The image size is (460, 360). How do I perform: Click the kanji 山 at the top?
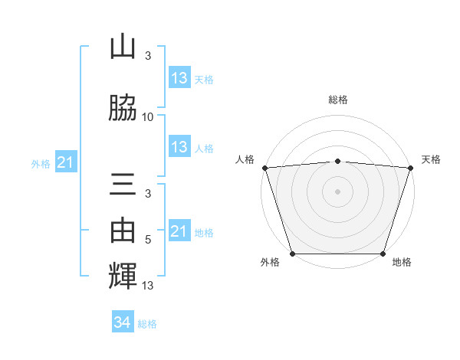[x=123, y=47]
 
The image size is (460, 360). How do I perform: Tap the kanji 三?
[x=123, y=187]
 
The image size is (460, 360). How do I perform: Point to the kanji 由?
[x=123, y=227]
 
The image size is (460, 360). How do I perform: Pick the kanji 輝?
[x=123, y=273]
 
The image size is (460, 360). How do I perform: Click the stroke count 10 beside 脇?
[x=148, y=116]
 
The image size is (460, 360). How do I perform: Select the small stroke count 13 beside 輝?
[x=148, y=286]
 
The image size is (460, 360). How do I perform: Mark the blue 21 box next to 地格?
[x=179, y=231]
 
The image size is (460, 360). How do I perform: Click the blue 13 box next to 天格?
[x=179, y=77]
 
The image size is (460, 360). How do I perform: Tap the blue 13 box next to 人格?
[x=179, y=147]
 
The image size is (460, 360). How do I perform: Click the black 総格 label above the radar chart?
[x=337, y=100]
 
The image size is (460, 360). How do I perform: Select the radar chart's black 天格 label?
[x=431, y=159]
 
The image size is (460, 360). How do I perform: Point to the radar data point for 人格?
[x=264, y=168]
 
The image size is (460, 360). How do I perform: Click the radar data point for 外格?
[x=292, y=254]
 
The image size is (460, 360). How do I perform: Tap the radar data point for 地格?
[x=383, y=254]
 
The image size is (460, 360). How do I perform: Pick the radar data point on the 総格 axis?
[x=337, y=161]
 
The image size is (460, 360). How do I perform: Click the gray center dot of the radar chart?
[x=337, y=191]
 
